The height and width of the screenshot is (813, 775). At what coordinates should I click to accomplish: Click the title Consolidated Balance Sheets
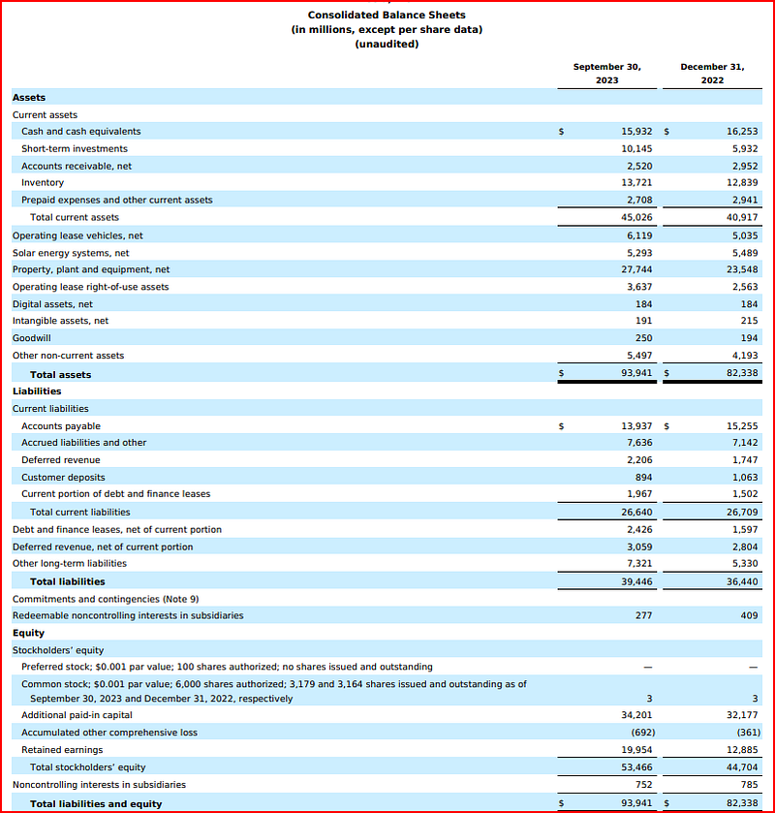tap(387, 15)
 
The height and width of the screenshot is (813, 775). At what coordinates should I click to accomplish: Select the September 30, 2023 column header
tap(606, 73)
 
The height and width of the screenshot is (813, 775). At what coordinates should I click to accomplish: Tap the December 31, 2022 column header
tap(712, 73)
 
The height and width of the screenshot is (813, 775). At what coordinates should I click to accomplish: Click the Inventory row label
tap(43, 182)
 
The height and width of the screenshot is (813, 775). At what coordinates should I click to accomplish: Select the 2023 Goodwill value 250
tap(643, 338)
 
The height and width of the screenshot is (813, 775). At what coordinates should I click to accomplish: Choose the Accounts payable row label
tap(61, 425)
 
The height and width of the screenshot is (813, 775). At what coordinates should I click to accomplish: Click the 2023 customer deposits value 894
tap(643, 477)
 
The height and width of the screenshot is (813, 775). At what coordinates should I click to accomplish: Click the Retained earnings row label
tap(62, 749)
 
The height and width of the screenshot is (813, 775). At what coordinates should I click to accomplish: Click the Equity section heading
tap(28, 633)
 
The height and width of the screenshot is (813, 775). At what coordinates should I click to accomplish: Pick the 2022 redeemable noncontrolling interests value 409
tap(746, 615)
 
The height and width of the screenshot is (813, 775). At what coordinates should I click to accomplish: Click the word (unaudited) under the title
tap(387, 44)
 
